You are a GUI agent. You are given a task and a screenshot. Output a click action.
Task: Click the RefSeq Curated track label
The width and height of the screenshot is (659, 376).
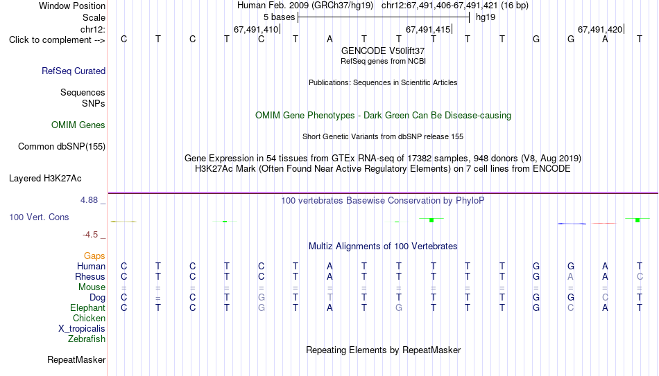pos(74,71)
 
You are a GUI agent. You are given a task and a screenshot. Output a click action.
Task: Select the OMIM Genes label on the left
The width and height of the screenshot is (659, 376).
pos(78,125)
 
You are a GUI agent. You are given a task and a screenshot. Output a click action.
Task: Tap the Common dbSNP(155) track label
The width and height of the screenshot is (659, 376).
pos(62,147)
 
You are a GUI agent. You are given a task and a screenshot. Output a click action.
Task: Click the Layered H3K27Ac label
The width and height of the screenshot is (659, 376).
pos(45,179)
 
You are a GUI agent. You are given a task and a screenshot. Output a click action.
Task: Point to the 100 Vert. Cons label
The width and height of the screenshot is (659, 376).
pos(39,217)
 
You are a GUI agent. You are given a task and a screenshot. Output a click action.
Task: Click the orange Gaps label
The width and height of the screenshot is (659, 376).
pos(94,256)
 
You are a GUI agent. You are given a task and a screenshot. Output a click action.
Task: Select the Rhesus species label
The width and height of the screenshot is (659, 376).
pos(90,276)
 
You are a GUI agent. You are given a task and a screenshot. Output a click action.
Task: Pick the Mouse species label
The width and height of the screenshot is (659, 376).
pos(92,287)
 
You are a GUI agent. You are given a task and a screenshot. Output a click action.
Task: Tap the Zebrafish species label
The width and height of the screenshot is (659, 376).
pos(87,339)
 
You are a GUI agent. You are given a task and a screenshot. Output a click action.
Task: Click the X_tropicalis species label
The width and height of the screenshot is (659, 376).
pos(82,329)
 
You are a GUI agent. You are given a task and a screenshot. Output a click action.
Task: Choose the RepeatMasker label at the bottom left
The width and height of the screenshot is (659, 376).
pos(76,359)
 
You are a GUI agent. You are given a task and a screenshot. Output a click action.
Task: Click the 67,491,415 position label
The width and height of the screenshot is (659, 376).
pos(428,29)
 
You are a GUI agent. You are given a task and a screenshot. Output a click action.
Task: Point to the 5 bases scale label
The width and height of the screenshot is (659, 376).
pos(279,17)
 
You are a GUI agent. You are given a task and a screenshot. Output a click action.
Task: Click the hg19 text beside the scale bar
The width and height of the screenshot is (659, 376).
pos(486,17)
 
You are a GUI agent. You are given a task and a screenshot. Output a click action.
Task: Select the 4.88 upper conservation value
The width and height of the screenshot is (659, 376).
pos(89,200)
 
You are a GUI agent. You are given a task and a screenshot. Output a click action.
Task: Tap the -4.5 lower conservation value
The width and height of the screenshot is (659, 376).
pos(90,235)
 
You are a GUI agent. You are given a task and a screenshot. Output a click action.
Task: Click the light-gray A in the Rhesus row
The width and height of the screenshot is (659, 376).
pos(570,276)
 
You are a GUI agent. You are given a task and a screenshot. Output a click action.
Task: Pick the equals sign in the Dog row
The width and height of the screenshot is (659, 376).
pos(158,298)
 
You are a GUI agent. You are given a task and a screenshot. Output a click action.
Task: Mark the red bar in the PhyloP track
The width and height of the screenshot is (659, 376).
pos(604,223)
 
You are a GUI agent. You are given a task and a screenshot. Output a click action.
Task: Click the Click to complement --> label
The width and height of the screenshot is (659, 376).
pos(57,40)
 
